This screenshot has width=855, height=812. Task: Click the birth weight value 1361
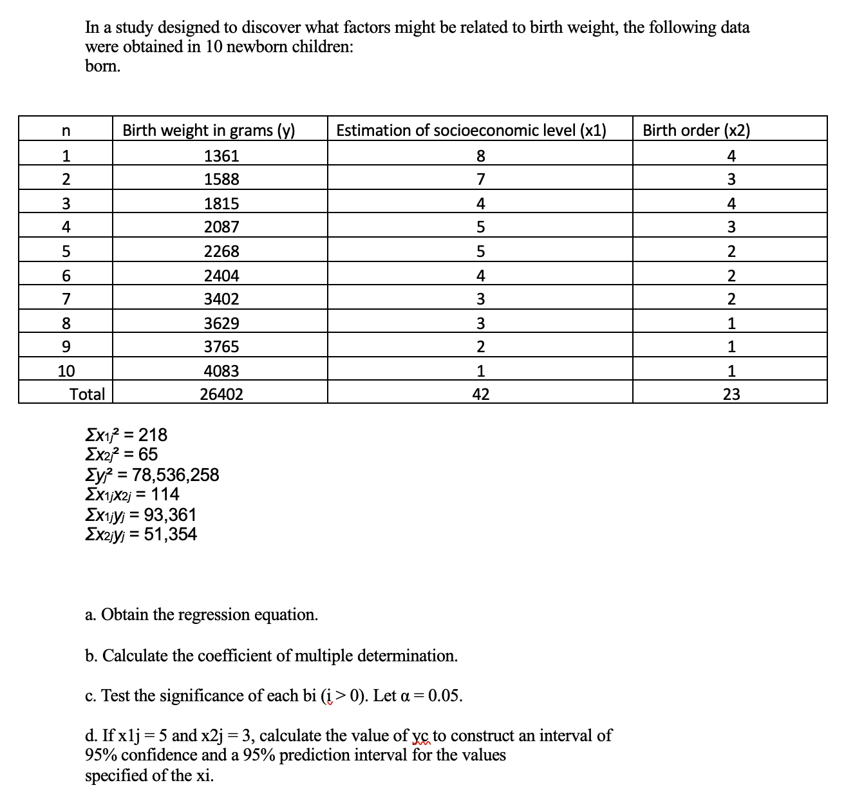pyautogui.click(x=221, y=156)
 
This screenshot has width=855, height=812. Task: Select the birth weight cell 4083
pyautogui.click(x=221, y=371)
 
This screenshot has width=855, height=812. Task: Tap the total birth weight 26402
pyautogui.click(x=221, y=394)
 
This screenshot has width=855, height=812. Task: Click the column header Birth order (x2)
pyautogui.click(x=696, y=130)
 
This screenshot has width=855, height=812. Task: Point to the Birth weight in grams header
pyautogui.click(x=209, y=130)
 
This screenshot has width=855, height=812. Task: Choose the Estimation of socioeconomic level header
pyautogui.click(x=471, y=130)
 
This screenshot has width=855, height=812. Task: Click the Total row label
pyautogui.click(x=87, y=394)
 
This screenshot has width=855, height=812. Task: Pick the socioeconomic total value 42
pyautogui.click(x=480, y=394)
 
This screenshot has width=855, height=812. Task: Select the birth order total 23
pyautogui.click(x=731, y=394)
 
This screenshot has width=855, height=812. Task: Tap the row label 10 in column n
pyautogui.click(x=66, y=371)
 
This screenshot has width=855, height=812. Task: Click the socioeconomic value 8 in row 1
pyautogui.click(x=480, y=156)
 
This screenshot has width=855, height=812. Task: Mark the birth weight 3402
pyautogui.click(x=221, y=299)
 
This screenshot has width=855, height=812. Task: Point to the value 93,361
pyautogui.click(x=170, y=515)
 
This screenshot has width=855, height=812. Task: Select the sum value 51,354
pyautogui.click(x=170, y=534)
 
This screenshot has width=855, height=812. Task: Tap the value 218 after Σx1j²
pyautogui.click(x=153, y=435)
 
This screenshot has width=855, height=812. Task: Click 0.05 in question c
pyautogui.click(x=445, y=695)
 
